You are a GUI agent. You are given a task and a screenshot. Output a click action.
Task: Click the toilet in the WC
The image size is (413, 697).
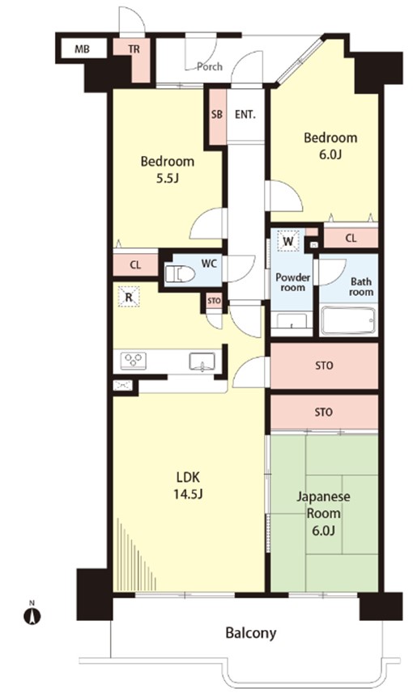[x=179, y=274]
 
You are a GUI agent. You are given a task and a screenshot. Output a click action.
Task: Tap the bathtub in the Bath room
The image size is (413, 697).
[x=348, y=320]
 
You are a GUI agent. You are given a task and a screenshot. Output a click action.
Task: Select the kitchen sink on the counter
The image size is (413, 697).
[x=202, y=361]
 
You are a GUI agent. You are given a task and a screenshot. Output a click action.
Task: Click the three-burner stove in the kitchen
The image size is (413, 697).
[x=134, y=360]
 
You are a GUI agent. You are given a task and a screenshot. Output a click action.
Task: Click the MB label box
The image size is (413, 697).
[x=82, y=49]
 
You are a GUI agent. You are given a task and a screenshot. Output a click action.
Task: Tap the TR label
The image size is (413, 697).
[x=134, y=49]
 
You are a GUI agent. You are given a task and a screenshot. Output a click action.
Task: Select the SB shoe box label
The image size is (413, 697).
[x=217, y=115]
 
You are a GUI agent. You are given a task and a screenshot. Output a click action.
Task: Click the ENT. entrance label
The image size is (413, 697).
[x=245, y=115]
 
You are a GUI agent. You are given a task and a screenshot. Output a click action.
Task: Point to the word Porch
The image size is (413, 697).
[x=210, y=66]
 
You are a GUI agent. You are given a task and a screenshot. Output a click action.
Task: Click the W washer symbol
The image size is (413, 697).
[x=288, y=241]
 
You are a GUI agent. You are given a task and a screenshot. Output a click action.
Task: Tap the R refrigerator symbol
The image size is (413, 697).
[x=129, y=297]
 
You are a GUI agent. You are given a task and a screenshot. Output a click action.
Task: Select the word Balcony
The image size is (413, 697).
[x=251, y=633]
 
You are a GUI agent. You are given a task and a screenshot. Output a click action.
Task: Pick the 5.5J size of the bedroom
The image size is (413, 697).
[x=168, y=178]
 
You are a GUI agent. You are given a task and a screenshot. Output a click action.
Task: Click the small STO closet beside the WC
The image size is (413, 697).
[x=214, y=301]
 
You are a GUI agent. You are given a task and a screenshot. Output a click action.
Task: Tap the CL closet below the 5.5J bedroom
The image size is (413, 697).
[x=135, y=265]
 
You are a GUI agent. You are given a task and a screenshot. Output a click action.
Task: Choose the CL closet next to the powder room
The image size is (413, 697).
[x=351, y=239]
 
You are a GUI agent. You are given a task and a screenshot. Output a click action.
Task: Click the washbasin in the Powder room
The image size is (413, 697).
[x=292, y=321]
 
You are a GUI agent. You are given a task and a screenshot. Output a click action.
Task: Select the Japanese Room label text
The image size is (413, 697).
[x=324, y=505]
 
